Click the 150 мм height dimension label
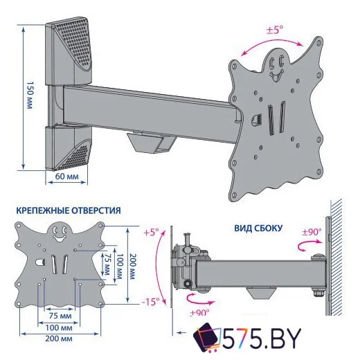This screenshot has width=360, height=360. click(x=30, y=95)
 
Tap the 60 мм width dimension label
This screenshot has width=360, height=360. click(x=67, y=177)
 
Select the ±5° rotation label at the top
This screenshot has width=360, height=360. click(x=275, y=30)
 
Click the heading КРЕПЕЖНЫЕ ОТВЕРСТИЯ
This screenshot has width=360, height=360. click(x=69, y=210)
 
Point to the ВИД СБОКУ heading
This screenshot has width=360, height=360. click(x=258, y=228)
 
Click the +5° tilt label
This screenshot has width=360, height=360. click(x=152, y=233)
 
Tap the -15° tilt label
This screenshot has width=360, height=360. click(x=150, y=302)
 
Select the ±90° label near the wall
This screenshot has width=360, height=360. click(x=312, y=232)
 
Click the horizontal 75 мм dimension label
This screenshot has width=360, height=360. click(x=60, y=316)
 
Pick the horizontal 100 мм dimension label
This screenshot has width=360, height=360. click(x=59, y=327)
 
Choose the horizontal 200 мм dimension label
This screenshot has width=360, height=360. click(x=59, y=339)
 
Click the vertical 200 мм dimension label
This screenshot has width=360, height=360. click(x=132, y=267)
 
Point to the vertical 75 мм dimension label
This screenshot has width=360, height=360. click(x=106, y=264)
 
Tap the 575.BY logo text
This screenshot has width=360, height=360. click(x=262, y=339)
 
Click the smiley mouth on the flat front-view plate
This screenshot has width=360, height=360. click(x=59, y=238)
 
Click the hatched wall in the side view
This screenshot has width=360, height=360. click(x=336, y=257)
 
